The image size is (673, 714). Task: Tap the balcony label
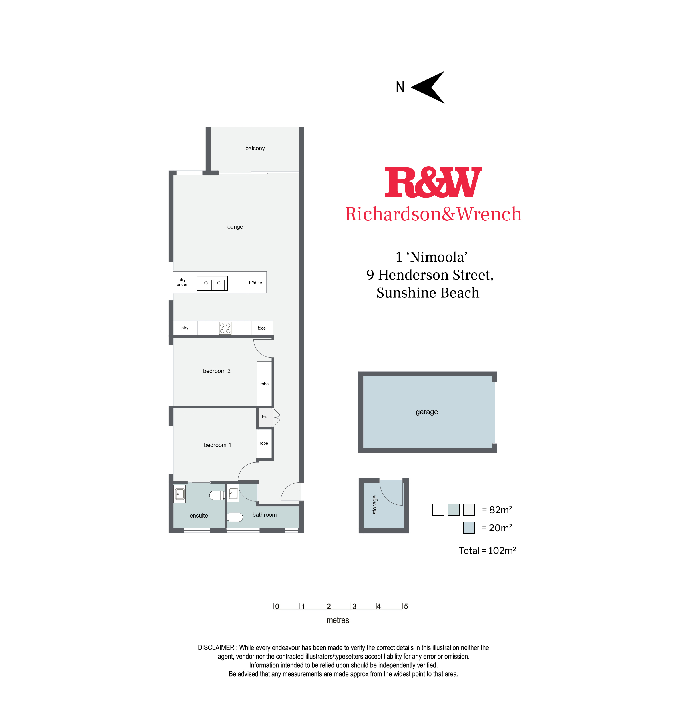coord(255,148)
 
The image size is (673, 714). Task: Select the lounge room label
coord(234,227)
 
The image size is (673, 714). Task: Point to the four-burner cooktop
coord(225,328)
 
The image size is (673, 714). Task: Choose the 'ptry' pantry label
coord(185,328)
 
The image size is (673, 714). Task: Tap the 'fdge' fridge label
coord(262,328)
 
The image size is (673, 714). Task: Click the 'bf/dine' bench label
coord(255,283)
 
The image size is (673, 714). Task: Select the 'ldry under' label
coord(182,282)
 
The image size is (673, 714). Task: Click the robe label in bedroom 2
coord(264,384)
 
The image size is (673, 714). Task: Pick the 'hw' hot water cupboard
coord(265,417)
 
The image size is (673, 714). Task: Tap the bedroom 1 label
coord(217,445)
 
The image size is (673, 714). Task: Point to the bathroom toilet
coord(235,517)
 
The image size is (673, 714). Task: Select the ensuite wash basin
coord(180,494)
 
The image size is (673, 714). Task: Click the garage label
coord(427,412)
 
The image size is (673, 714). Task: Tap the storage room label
coord(375,505)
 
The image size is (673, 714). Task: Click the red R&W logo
coord(433,182)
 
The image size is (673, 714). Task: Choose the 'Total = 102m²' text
coord(487,551)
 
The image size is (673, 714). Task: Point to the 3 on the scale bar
coord(354,606)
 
